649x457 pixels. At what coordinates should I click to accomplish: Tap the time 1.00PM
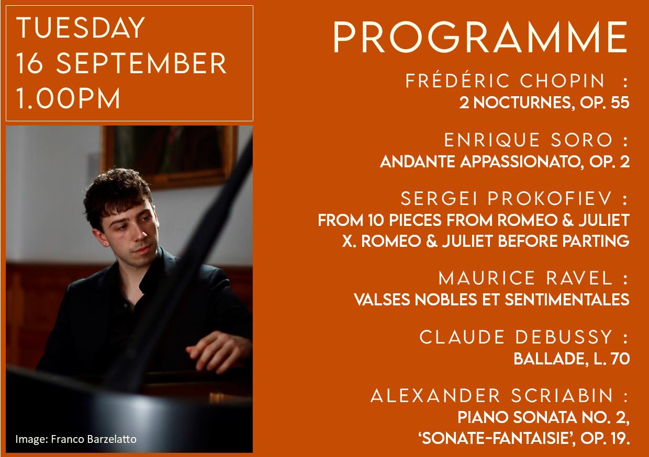coord(69,98)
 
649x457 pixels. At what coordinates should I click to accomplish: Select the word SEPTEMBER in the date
coord(141,64)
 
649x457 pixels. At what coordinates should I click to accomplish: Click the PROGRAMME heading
coord(480,38)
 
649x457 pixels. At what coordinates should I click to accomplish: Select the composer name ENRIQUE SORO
coord(529,140)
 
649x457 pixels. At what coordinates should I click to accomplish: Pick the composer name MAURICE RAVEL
coord(525,278)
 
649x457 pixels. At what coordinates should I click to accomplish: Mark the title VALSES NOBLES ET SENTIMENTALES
coord(491,300)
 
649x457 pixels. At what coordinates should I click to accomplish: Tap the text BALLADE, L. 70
coord(571,359)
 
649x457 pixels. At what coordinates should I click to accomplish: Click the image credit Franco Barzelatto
coord(94,439)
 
